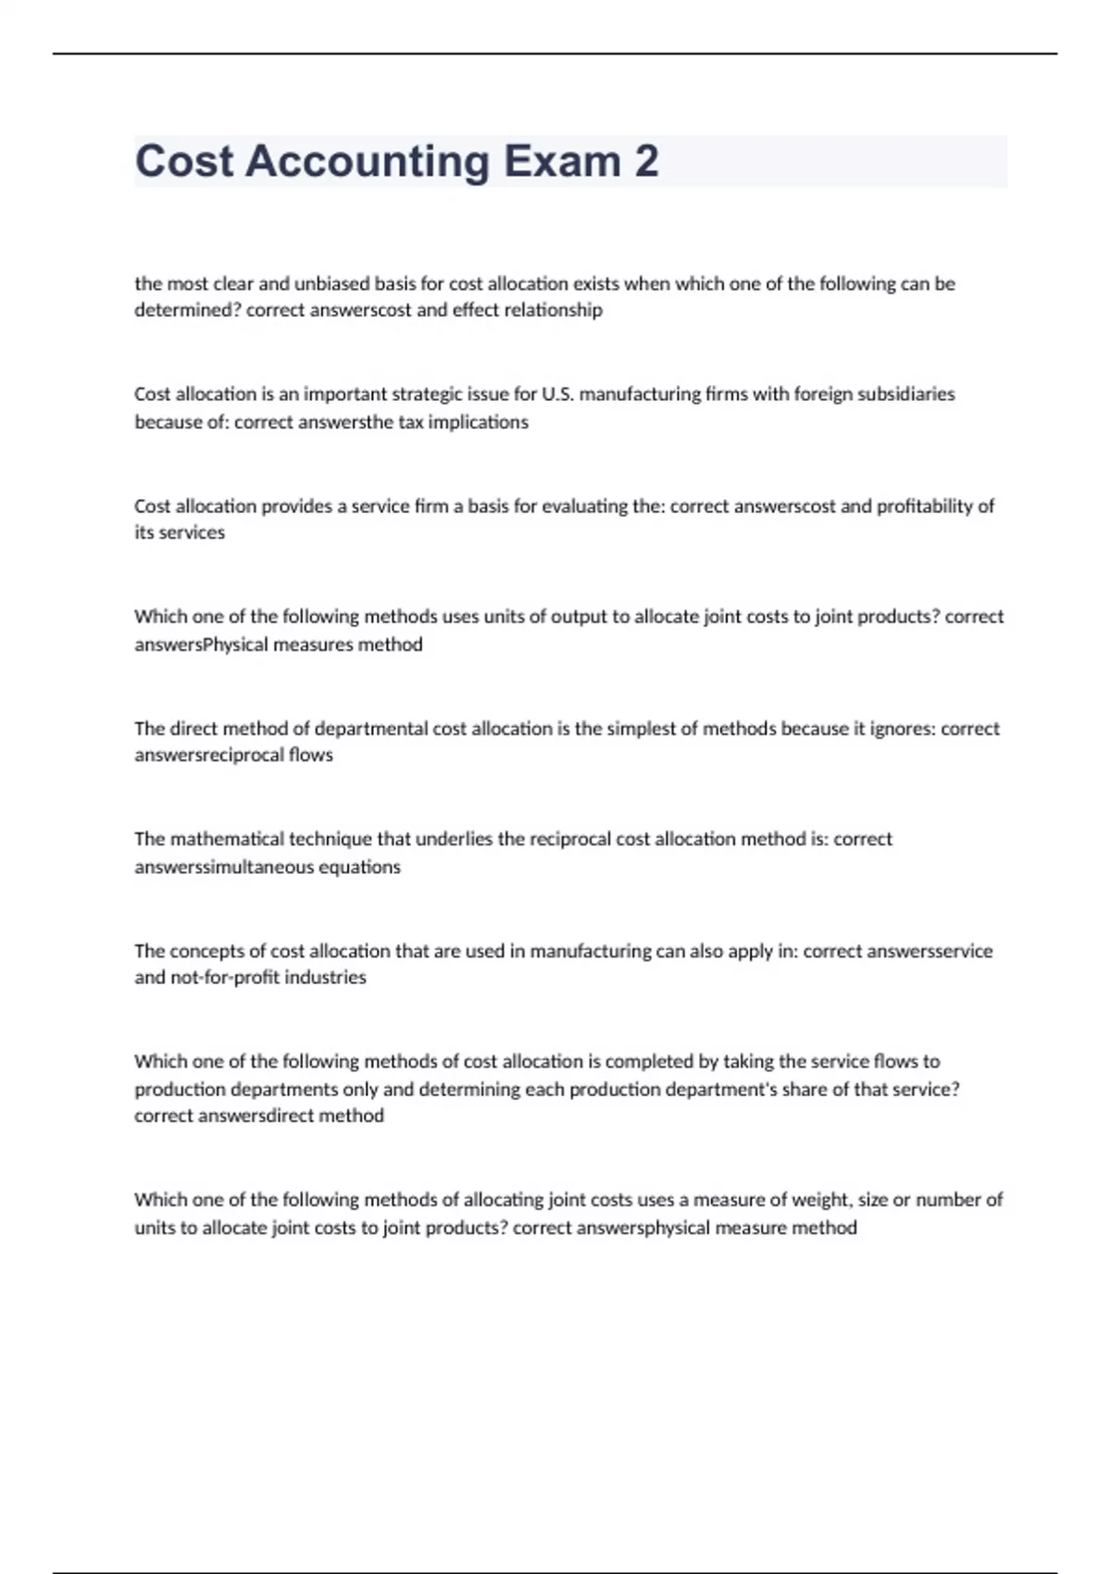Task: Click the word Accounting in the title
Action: click(367, 162)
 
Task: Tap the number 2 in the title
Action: click(646, 162)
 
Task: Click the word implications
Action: click(478, 422)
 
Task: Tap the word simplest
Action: click(641, 729)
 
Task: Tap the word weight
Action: click(824, 1200)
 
